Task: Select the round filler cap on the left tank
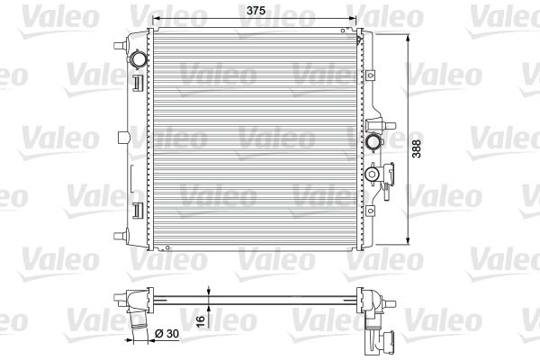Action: [x=137, y=61]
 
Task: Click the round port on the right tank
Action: [x=373, y=142]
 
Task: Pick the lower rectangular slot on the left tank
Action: [x=137, y=211]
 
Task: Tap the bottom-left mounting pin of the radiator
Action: [x=119, y=237]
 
